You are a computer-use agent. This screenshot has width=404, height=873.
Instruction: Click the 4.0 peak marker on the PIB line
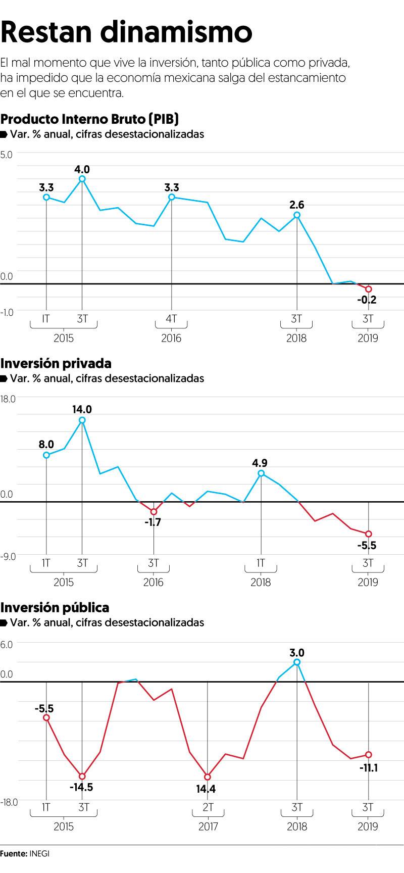[x=82, y=179]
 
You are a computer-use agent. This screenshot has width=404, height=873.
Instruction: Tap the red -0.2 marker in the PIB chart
[x=369, y=289]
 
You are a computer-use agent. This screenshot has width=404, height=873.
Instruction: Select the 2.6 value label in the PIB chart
[x=297, y=205]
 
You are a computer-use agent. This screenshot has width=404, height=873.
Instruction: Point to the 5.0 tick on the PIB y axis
[x=7, y=155]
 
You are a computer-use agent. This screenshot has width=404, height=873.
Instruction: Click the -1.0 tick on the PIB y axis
[x=7, y=312]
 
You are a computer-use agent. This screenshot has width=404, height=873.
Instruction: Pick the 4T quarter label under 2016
[x=171, y=319]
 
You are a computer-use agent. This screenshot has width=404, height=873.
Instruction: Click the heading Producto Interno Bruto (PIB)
[x=90, y=119]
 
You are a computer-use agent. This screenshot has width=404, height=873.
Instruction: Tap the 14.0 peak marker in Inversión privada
[x=82, y=420]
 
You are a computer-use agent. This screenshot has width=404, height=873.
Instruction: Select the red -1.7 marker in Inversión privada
[x=154, y=512]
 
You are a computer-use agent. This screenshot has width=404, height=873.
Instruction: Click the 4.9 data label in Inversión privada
[x=261, y=463]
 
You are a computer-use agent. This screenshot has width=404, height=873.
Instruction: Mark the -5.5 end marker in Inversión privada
[x=369, y=533]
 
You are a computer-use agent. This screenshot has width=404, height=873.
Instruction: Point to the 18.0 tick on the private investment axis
[x=8, y=399]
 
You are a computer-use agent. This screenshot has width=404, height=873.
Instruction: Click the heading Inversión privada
[x=56, y=363]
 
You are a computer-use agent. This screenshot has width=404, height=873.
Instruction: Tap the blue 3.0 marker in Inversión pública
[x=297, y=662]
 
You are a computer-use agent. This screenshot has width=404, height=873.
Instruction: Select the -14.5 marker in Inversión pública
[x=82, y=776]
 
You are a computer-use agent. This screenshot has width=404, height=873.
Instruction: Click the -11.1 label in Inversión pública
[x=369, y=768]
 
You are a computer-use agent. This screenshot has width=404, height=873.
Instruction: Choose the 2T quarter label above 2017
[x=208, y=807]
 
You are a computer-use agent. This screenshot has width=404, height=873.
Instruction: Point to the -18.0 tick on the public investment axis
[x=9, y=802]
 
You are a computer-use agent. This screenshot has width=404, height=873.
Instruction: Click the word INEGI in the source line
[x=40, y=853]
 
